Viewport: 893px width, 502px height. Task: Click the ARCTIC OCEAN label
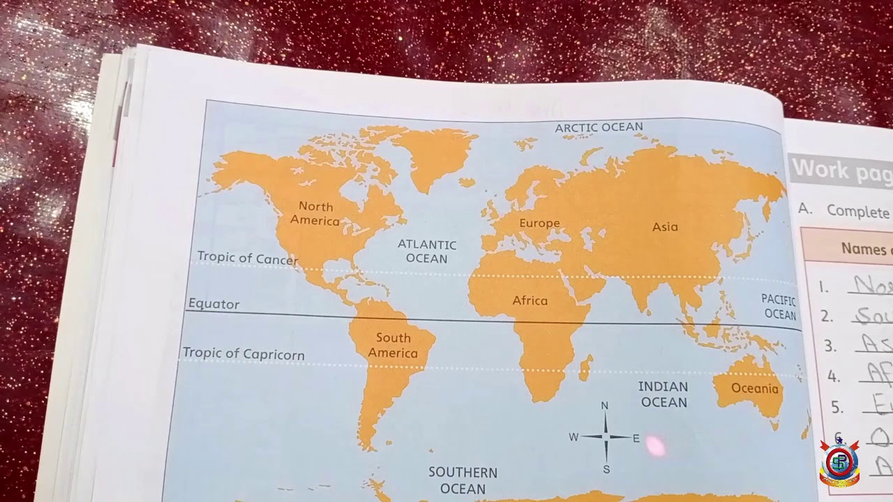599,128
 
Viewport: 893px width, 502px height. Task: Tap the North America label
315,214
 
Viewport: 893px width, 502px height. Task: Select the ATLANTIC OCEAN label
427,252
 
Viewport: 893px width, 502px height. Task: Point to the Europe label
539,223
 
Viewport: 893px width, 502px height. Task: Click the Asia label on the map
665,227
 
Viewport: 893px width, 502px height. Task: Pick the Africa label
530,301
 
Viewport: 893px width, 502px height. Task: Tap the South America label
393,345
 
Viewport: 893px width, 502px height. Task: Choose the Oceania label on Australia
754,388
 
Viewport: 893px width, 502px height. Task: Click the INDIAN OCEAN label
664,394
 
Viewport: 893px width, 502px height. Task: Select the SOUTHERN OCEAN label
463,480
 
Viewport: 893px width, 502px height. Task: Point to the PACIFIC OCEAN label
779,307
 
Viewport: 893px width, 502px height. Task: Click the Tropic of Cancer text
247,258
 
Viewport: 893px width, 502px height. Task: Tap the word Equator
213,304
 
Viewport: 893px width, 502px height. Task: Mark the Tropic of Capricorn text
243,353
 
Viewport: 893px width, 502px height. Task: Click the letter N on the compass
605,406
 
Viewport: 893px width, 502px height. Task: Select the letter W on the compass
573,437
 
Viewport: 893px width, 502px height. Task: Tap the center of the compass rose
605,437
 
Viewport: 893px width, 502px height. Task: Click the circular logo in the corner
839,462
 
